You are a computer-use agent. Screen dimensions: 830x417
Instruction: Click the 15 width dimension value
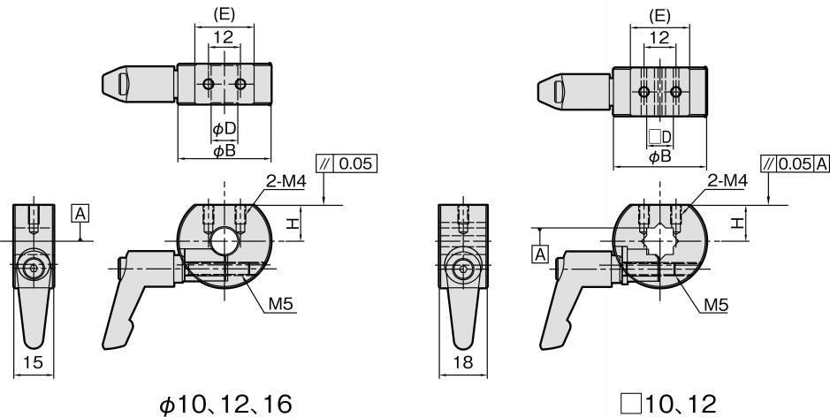(34, 362)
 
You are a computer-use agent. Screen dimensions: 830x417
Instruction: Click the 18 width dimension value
(462, 362)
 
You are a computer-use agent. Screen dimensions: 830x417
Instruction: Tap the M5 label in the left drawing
(281, 304)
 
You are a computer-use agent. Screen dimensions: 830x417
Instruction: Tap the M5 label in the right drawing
(716, 305)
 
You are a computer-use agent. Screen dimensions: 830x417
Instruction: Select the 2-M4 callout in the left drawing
(286, 182)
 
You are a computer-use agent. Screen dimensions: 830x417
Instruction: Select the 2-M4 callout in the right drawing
(727, 181)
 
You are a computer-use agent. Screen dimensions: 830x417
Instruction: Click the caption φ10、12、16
(225, 405)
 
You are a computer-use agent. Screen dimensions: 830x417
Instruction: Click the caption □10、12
(669, 405)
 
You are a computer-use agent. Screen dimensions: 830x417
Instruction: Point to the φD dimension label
(224, 129)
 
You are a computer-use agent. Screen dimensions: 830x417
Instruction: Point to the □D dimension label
(660, 137)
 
